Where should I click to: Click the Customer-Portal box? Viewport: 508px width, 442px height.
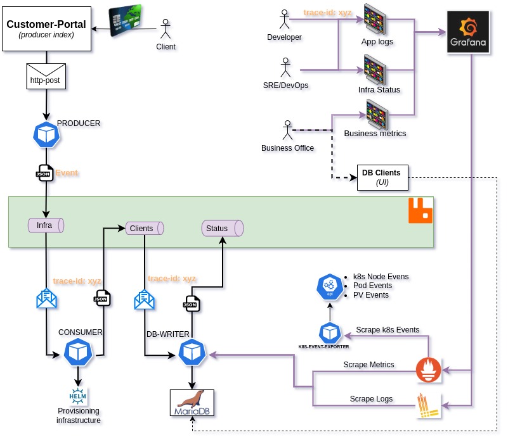(46, 28)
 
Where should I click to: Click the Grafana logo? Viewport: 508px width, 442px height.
(468, 32)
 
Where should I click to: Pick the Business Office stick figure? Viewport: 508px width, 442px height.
(287, 132)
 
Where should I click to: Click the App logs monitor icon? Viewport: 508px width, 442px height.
(377, 21)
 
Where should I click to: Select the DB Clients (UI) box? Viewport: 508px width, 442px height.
(382, 177)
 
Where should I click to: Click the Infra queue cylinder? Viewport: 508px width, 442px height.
(46, 225)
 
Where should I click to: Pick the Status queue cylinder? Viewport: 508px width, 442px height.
(223, 229)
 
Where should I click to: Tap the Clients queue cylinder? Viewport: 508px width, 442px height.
(144, 228)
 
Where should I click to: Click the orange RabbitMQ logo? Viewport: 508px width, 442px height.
(420, 211)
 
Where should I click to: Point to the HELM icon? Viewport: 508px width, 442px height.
(78, 396)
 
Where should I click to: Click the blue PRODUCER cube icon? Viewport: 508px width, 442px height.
(46, 134)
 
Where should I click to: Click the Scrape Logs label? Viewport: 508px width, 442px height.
(371, 399)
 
